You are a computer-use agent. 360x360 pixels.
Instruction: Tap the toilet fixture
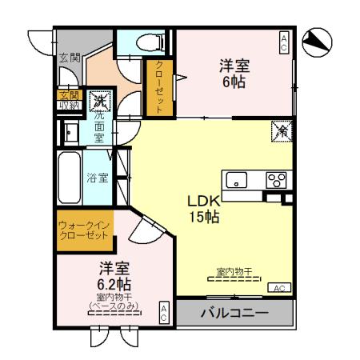pyautogui.click(x=149, y=42)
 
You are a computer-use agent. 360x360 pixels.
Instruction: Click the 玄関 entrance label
pyautogui.click(x=70, y=58)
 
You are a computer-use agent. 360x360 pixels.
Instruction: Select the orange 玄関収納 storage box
pyautogui.click(x=67, y=100)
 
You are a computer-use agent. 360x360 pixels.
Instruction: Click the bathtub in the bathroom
pyautogui.click(x=69, y=177)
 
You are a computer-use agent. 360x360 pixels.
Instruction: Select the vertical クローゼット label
pyautogui.click(x=158, y=88)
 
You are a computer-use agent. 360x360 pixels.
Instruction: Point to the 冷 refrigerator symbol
pyautogui.click(x=282, y=130)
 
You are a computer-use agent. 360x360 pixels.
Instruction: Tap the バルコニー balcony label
pyautogui.click(x=233, y=312)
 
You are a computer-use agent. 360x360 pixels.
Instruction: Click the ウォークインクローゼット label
pyautogui.click(x=83, y=231)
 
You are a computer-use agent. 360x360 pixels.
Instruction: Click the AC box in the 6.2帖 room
pyautogui.click(x=164, y=313)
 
